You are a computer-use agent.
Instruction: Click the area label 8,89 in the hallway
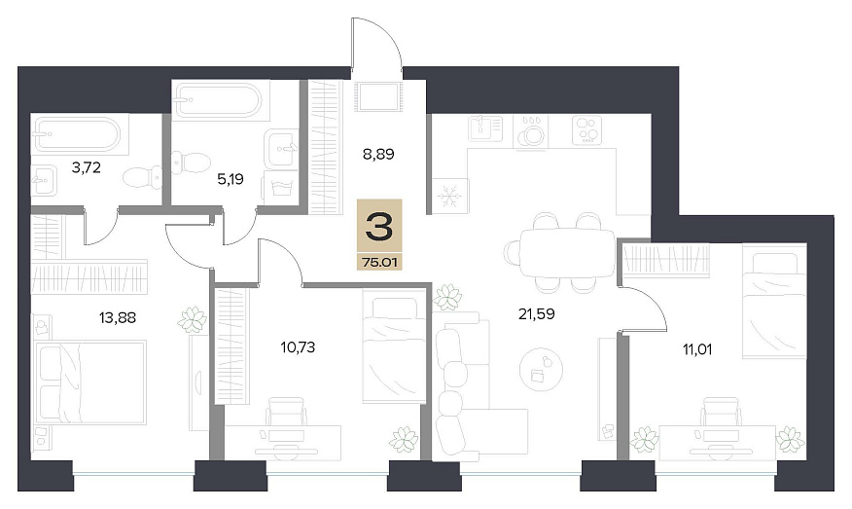click(x=378, y=155)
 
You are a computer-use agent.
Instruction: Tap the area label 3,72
click(x=86, y=167)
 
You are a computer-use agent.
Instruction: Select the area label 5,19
click(x=231, y=179)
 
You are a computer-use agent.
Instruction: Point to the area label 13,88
click(x=118, y=317)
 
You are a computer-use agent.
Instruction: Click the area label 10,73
click(x=298, y=346)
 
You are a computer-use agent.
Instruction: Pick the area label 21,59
click(x=536, y=313)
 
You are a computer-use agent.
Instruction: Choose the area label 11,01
click(x=697, y=349)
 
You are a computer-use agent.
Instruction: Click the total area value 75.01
click(x=380, y=262)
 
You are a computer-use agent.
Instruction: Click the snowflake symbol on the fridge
click(x=450, y=196)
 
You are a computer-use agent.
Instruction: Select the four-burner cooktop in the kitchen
click(x=587, y=130)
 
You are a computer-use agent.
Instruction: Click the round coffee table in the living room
click(x=541, y=370)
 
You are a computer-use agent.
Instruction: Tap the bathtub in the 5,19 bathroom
click(x=220, y=100)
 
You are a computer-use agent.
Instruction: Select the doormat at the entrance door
click(x=377, y=96)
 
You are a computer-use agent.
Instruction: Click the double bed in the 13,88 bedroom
click(x=90, y=382)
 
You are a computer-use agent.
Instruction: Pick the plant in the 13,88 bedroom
click(x=193, y=320)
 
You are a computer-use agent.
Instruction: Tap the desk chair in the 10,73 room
click(x=286, y=412)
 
